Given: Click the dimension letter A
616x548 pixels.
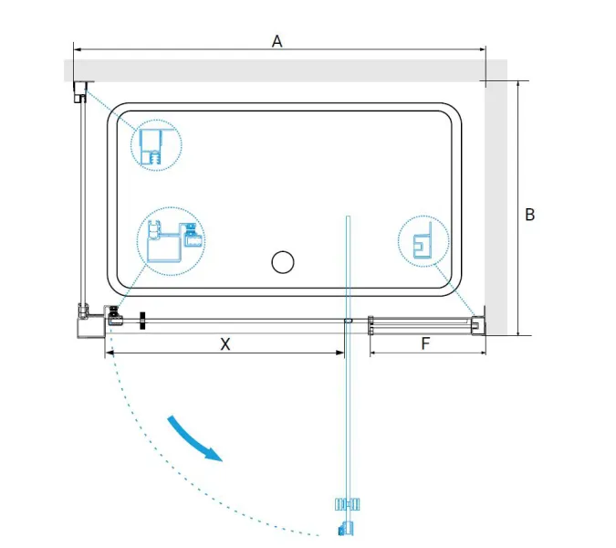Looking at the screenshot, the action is [277, 41].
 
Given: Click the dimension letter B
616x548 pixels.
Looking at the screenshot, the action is [529, 215].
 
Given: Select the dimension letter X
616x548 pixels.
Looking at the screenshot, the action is [225, 344].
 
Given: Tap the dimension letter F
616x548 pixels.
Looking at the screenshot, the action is [425, 343].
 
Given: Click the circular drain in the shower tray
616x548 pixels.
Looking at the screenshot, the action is [283, 262].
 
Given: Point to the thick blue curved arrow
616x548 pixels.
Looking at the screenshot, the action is [195, 437].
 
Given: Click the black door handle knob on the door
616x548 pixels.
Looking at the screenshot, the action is [143, 321].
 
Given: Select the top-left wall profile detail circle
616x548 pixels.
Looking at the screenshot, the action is [156, 145].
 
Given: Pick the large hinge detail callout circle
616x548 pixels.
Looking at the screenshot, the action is [171, 241].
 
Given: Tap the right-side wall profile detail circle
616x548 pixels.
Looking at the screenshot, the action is [423, 241].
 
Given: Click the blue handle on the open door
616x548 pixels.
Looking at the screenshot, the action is [348, 504].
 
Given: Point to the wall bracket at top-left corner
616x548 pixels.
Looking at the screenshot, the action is [80, 92].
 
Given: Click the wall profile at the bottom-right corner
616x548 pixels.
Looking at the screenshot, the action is [479, 325].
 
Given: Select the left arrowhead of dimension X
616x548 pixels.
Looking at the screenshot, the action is [110, 353].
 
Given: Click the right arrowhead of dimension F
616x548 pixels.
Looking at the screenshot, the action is [483, 353].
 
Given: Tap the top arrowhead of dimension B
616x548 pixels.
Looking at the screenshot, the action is [518, 85].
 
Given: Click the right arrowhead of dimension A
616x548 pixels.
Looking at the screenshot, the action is [483, 49].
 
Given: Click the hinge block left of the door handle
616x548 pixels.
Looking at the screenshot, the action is [114, 316].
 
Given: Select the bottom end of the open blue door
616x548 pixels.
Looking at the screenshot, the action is [347, 528].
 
